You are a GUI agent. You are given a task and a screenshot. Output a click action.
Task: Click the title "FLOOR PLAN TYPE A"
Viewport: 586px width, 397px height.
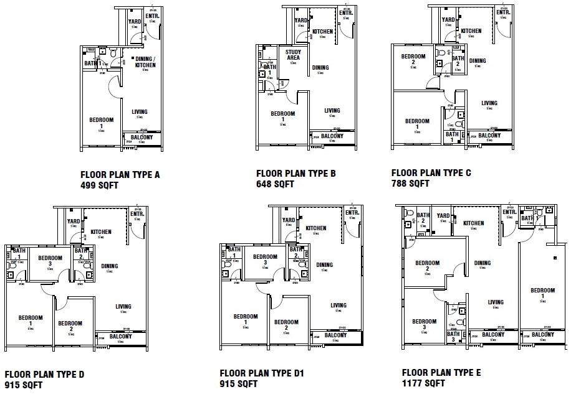tap(120, 175)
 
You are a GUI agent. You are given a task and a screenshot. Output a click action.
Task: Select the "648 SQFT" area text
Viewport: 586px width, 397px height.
tap(275, 184)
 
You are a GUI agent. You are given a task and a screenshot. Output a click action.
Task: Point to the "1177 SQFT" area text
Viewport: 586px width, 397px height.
tap(423, 383)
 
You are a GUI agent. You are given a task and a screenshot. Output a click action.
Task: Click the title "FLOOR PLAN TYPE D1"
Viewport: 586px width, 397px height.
tap(261, 373)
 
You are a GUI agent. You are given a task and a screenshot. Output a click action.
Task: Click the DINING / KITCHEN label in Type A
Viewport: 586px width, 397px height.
tap(145, 62)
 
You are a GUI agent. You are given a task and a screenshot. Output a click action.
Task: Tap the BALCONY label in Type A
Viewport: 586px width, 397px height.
tap(142, 137)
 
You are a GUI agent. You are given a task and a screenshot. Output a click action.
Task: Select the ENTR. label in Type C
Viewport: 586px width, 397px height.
tap(504, 12)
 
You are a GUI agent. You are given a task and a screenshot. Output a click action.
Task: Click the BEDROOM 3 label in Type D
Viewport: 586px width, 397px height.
tap(50, 260)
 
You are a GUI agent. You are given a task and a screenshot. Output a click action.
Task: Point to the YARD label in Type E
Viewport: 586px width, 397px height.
tap(443, 217)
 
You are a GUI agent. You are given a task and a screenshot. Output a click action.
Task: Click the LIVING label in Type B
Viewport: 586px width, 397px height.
tap(332, 111)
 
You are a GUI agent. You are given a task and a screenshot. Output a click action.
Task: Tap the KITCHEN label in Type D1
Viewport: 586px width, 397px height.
tap(316, 228)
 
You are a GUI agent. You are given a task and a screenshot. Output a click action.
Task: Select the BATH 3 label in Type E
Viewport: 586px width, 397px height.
tap(453, 337)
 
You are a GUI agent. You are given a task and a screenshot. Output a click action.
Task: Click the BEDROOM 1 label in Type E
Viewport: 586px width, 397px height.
tap(542, 293)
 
